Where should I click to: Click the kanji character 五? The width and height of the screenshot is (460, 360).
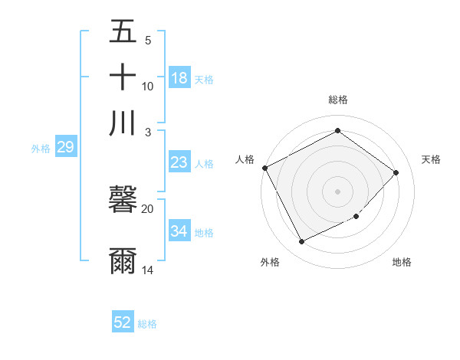point(123,32)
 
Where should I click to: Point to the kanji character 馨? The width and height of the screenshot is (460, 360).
point(123,201)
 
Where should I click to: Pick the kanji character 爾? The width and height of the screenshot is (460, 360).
point(123,260)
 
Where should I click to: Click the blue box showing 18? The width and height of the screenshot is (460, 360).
point(179,78)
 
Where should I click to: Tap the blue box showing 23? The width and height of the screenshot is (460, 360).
point(179,162)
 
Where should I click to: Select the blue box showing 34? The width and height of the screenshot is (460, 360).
point(179,231)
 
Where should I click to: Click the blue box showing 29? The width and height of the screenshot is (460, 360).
point(65,147)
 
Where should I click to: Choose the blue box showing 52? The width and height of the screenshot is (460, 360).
point(123,322)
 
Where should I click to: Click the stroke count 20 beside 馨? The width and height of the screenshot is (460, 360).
point(148,208)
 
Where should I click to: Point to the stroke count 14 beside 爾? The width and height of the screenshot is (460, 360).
point(148,270)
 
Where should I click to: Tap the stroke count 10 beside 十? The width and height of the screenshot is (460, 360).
point(148,86)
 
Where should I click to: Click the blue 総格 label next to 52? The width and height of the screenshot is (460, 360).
point(147,324)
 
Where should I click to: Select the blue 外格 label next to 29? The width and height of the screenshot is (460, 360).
point(41,149)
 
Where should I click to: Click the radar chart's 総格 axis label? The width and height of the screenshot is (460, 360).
point(337,100)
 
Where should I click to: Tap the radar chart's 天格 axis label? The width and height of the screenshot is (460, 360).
point(432,159)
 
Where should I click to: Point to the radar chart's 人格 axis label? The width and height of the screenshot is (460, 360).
point(245,159)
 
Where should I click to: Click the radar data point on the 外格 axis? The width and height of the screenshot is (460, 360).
point(301,242)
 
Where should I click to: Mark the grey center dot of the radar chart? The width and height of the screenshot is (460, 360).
point(337,191)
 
